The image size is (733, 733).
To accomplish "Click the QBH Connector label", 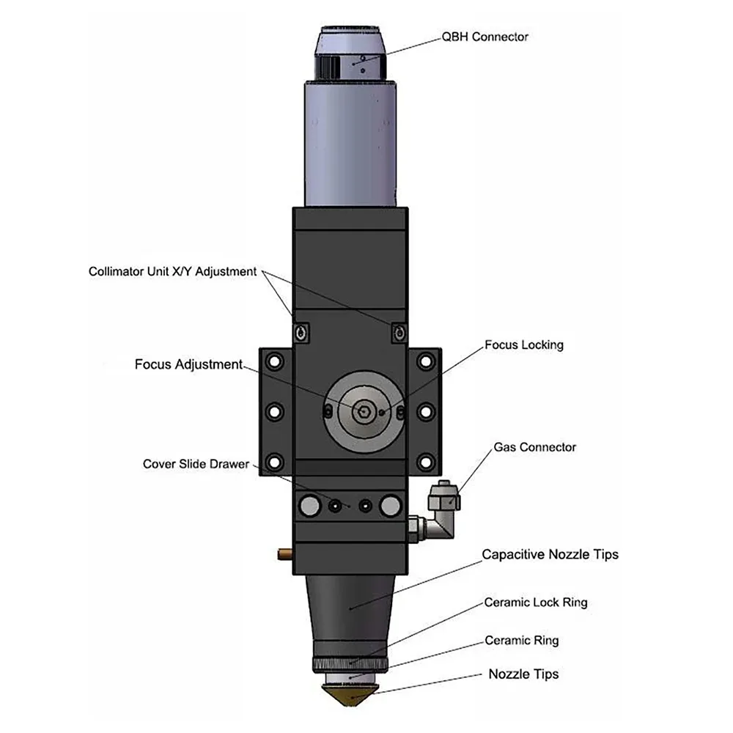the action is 485,37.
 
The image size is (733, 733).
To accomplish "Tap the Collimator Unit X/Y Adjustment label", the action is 172,272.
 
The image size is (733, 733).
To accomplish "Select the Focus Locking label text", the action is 524,345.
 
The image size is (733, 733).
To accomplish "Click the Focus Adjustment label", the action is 188,364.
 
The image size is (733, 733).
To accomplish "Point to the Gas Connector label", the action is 535,447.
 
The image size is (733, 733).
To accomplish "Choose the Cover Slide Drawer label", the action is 196,464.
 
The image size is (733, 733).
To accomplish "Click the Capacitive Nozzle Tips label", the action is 550,554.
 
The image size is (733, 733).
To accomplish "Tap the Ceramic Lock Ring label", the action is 536,603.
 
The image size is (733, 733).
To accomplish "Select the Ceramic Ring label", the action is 522,641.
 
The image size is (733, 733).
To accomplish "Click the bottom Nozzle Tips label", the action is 523,674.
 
